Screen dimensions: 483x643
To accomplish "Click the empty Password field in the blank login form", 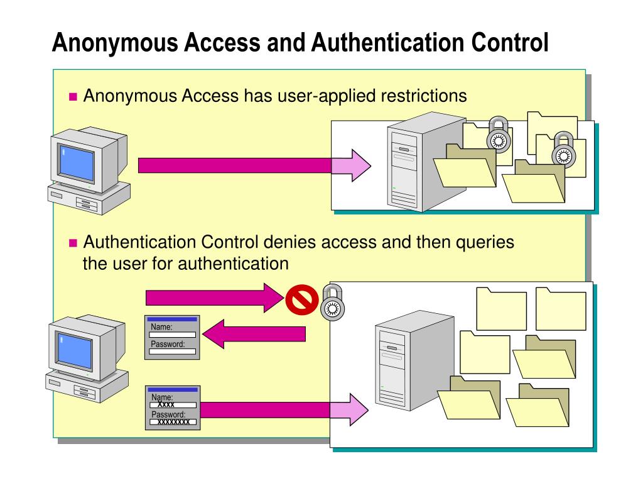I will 173,352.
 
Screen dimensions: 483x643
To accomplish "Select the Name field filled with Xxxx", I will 173,405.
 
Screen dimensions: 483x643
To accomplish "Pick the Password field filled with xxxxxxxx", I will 173,422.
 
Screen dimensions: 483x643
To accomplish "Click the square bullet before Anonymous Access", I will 72,97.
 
